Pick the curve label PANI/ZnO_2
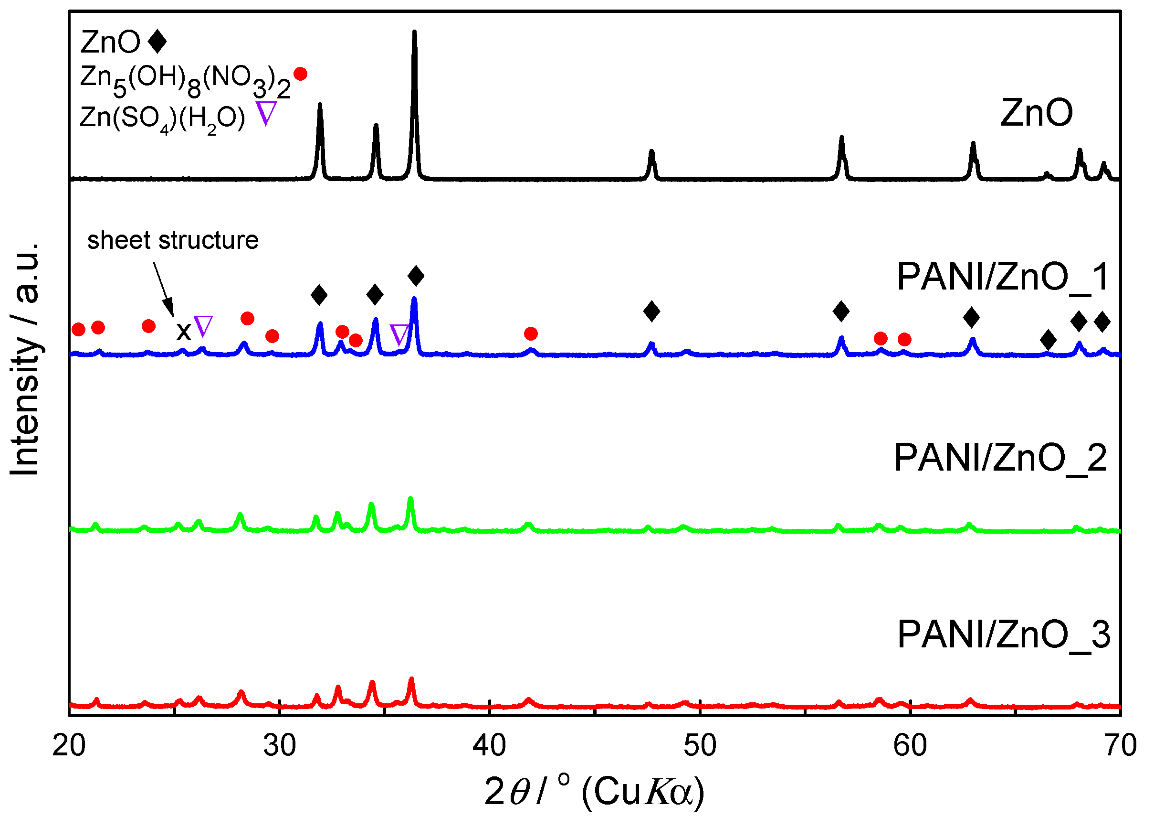1000,458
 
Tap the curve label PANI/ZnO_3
1003,634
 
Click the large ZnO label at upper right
1037,113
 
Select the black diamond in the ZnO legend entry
157,41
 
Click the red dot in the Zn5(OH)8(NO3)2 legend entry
300,75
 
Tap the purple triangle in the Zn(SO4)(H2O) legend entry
266,113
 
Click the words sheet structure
173,240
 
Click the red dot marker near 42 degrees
531,333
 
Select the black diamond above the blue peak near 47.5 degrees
651,312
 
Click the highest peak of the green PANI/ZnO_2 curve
410,500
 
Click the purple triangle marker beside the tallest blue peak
399,334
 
